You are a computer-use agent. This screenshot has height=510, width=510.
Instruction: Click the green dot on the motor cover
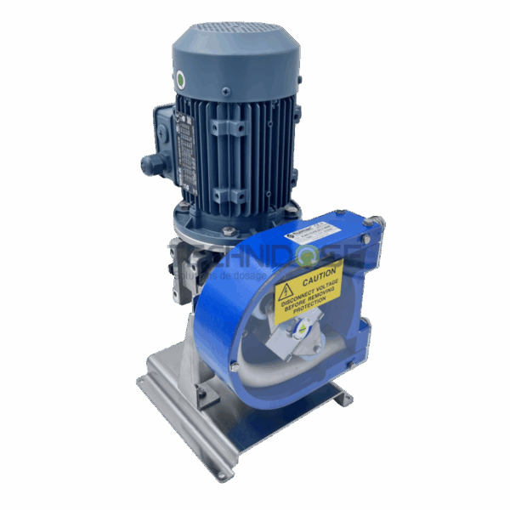(179, 81)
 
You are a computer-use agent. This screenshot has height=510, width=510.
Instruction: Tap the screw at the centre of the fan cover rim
(226, 92)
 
